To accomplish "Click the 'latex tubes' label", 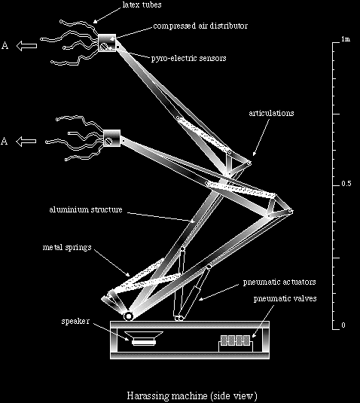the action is coord(142,5).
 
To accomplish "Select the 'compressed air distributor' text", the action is coord(200,26).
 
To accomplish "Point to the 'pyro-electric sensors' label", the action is coord(188,58).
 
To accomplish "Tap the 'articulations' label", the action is coord(271,113).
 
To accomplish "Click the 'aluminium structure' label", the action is coord(86,209).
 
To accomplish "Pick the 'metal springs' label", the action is coord(67,248).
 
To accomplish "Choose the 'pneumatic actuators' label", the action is coord(279,282).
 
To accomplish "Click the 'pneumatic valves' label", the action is coord(285,298).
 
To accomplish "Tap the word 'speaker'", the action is coord(75,321).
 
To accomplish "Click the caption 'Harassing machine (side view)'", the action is coord(192,395).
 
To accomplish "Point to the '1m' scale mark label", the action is coord(346,39).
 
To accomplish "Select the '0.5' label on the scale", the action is coord(346,184).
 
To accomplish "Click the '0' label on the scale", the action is coord(343,325).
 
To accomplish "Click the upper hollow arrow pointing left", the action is coord(26,46).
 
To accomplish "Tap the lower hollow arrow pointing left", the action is coord(26,142).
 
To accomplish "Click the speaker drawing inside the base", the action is coord(144,338).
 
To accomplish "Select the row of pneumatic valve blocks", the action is coord(236,340).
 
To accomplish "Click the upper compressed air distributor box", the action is coord(107,43).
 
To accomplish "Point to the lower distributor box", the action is coord(111,139).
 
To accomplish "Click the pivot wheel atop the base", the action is coord(129,316).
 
